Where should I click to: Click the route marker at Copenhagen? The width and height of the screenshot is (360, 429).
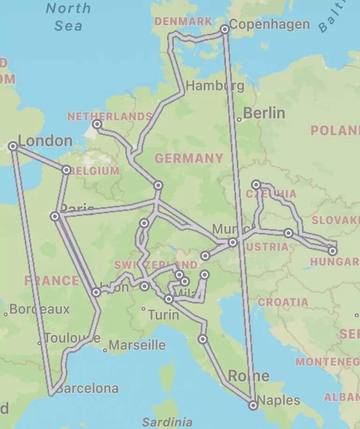pyautogui.click(x=225, y=29)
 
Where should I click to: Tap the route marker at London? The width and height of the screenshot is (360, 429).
pyautogui.click(x=13, y=146)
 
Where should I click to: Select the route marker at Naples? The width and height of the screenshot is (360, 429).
pyautogui.click(x=253, y=405)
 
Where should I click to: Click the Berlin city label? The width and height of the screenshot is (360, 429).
pyautogui.click(x=264, y=113)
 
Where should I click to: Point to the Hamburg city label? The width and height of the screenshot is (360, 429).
pyautogui.click(x=215, y=86)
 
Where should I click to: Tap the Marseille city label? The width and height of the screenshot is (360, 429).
pyautogui.click(x=137, y=346)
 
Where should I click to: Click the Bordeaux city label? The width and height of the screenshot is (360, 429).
pyautogui.click(x=39, y=309)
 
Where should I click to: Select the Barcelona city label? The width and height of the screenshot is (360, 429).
pyautogui.click(x=87, y=389)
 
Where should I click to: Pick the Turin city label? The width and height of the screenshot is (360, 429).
pyautogui.click(x=163, y=315)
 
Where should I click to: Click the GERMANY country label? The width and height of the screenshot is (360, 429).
pyautogui.click(x=189, y=158)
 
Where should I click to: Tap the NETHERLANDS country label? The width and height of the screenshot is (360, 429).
pyautogui.click(x=110, y=117)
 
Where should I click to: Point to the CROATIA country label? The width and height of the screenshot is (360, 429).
pyautogui.click(x=283, y=302)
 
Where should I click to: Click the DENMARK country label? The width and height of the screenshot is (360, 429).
pyautogui.click(x=183, y=22)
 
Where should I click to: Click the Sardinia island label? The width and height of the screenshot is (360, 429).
pyautogui.click(x=167, y=421)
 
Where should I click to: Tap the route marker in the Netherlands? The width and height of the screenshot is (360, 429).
pyautogui.click(x=97, y=124)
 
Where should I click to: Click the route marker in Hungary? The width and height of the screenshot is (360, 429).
pyautogui.click(x=332, y=251)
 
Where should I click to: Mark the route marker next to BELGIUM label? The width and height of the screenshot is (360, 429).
pyautogui.click(x=66, y=170)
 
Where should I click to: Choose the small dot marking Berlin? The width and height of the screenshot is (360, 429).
pyautogui.click(x=239, y=120)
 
